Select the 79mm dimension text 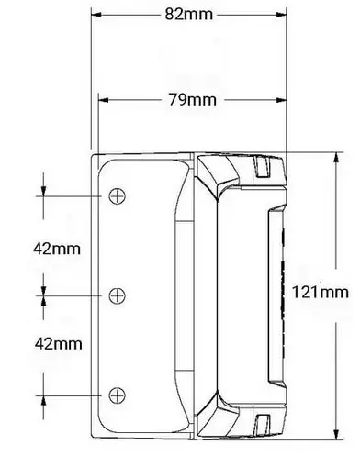coord(187,99)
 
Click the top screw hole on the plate coord(117,195)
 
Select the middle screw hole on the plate coord(117,295)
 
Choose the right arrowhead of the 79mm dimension coord(278,99)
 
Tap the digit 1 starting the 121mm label coord(295,292)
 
